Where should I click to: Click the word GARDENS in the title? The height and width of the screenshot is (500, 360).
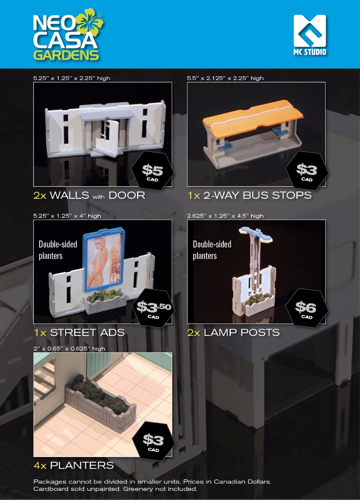tap(66, 55)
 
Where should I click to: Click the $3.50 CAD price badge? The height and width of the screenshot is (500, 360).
tap(153, 308)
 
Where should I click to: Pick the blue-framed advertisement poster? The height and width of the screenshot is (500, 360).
tap(104, 260)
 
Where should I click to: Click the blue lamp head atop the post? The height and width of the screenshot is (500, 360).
tap(256, 234)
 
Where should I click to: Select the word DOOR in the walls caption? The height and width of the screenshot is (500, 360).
tap(127, 196)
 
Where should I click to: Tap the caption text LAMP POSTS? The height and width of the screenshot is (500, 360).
tap(242, 332)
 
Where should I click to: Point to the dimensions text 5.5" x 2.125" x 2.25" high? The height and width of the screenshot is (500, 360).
tap(225, 78)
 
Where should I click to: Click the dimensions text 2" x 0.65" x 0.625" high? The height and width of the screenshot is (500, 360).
tap(69, 349)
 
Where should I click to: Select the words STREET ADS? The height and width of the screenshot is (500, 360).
tap(87, 332)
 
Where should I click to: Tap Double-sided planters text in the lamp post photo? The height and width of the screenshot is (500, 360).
tap(212, 250)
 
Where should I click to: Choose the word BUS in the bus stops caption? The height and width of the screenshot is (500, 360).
tap(256, 196)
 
